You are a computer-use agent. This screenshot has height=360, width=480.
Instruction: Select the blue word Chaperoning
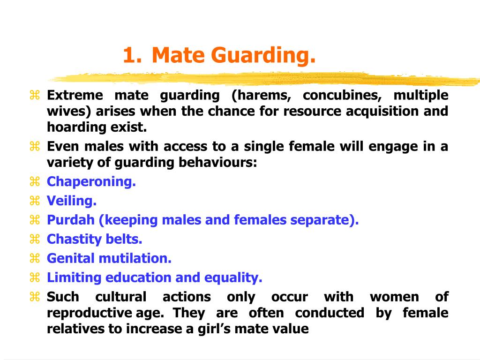91,182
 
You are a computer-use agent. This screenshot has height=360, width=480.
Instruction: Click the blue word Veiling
71,201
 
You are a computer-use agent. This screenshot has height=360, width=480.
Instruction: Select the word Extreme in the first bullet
75,96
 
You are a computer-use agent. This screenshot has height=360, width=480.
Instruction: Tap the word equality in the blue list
233,277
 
